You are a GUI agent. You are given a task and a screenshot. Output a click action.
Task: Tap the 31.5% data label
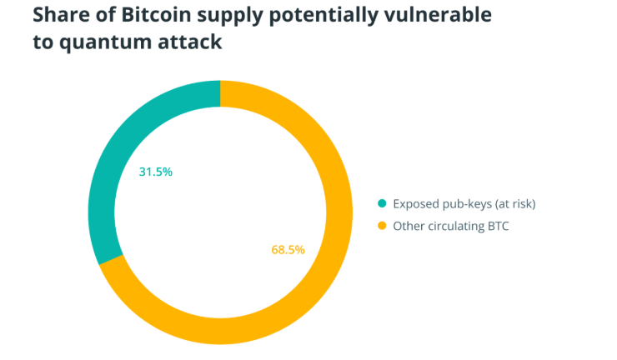tap(155, 172)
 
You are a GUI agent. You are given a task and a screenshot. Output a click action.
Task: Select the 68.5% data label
tap(288, 249)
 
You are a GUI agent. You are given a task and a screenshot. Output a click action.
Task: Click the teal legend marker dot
tap(382, 203)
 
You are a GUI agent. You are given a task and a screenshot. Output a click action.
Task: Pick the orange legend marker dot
tap(382, 225)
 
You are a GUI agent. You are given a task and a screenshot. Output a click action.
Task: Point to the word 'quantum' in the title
tap(98, 42)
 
